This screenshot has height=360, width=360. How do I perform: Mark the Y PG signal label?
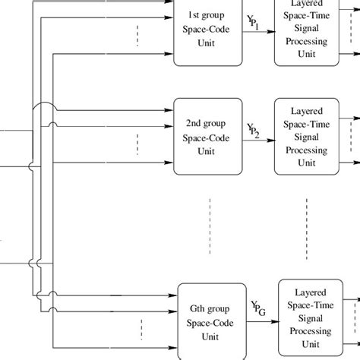click(x=257, y=308)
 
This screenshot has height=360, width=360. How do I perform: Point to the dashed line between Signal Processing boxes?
click(x=307, y=216)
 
